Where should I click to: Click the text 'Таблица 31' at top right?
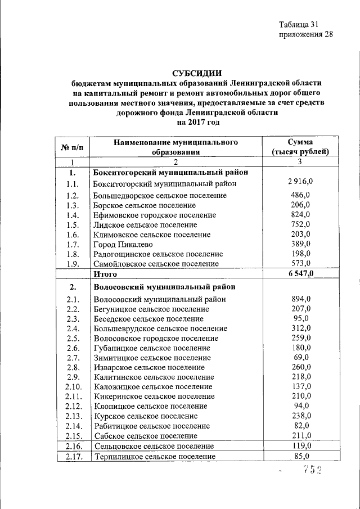click(299, 24)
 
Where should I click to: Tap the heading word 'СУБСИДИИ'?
click(196, 72)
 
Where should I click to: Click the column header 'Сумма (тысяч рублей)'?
click(300, 147)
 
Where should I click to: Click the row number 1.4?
click(71, 215)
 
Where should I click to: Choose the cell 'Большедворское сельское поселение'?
click(160, 195)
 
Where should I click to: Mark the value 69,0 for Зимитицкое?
click(302, 357)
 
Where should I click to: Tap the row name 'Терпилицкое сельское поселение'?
click(155, 457)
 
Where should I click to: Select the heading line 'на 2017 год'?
click(197, 121)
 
